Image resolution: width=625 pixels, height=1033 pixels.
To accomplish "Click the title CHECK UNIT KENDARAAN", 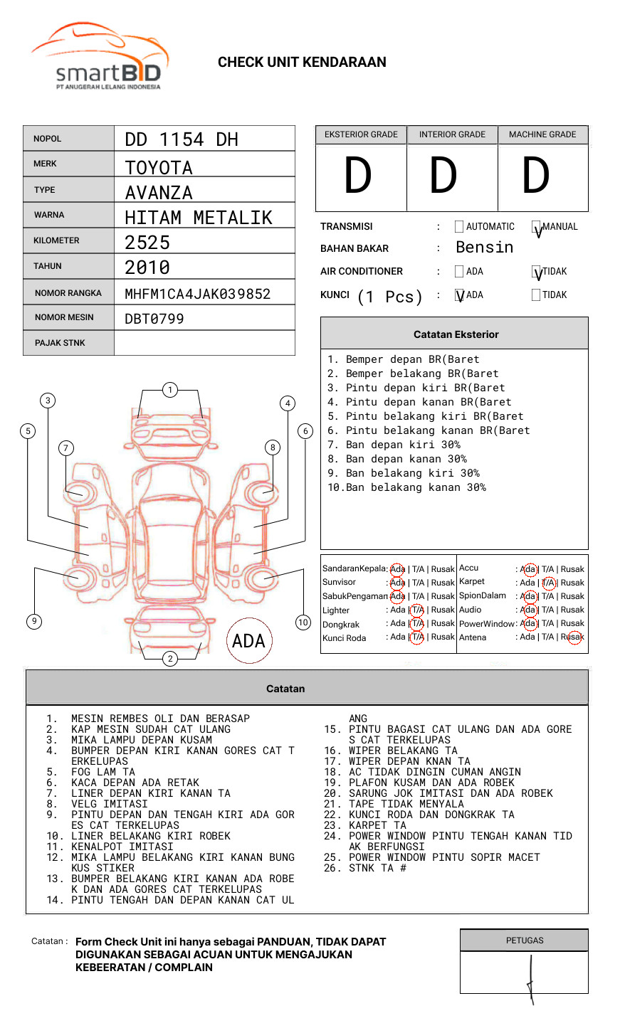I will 302,63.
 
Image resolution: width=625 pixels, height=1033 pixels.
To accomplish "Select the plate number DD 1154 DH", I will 182,139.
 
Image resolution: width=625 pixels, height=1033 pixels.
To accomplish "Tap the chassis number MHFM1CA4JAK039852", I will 197,294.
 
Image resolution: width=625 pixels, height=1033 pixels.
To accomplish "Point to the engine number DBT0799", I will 154,319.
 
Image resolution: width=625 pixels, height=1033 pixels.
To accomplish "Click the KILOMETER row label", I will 56,240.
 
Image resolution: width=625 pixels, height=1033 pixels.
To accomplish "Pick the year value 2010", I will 147,267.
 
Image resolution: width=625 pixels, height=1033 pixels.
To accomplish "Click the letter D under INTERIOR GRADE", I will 443,176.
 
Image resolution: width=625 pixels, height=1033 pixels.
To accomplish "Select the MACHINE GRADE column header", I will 542,134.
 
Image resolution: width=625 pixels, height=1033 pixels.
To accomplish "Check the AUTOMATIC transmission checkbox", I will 459,227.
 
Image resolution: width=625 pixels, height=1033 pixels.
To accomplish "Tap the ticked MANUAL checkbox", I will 537,228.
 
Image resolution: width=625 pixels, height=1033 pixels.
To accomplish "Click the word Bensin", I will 484,248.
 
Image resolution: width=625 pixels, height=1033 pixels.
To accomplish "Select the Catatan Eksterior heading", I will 456,334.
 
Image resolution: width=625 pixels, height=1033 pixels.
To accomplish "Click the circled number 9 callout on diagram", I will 34,621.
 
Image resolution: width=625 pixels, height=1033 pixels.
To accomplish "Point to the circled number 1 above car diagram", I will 169,389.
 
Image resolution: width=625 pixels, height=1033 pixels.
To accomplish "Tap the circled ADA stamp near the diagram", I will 248,640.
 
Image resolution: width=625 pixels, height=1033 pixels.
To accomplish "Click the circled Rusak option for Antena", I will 572,637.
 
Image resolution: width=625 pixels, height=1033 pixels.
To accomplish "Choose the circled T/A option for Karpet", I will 548,583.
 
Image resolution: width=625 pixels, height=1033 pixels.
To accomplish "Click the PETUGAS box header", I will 525,941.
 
